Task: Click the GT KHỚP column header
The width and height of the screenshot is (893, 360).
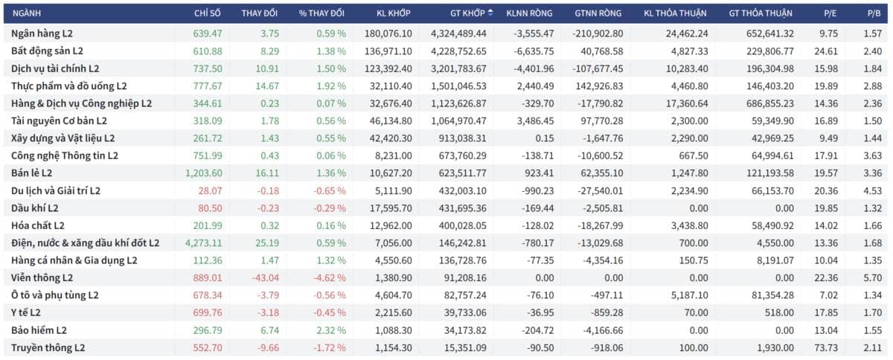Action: point(467,13)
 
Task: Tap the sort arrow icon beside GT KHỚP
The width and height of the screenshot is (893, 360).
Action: point(490,13)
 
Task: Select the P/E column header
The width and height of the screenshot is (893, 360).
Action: point(830,13)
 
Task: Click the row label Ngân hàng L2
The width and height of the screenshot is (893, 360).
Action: point(42,33)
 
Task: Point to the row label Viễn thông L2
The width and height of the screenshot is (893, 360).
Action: point(42,278)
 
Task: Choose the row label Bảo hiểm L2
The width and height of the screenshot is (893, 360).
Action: point(39,330)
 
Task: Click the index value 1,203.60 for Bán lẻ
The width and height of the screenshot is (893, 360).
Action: point(204,173)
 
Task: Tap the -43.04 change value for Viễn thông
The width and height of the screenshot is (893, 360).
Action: point(266,278)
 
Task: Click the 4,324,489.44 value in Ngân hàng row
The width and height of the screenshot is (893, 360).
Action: point(458,33)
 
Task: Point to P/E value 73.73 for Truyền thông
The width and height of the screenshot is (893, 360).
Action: point(826,347)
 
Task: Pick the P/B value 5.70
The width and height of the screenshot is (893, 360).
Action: point(873,278)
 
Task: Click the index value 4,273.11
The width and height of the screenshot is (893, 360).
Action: point(204,242)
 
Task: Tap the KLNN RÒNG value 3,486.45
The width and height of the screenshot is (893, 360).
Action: point(535,120)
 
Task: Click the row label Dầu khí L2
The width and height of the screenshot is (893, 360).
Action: point(35,208)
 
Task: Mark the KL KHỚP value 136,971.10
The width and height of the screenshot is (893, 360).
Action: point(388,51)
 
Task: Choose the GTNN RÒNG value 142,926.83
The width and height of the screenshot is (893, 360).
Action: point(599,86)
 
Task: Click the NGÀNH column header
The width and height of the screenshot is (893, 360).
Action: point(27,13)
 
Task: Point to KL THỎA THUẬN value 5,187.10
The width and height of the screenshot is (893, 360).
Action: point(690,295)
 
